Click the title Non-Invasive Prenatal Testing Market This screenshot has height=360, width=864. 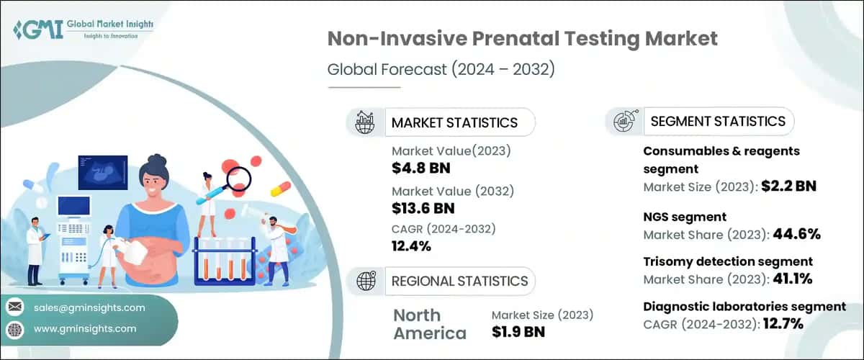tap(522, 39)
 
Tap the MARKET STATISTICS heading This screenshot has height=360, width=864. tap(454, 122)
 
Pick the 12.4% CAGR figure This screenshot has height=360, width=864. tap(411, 246)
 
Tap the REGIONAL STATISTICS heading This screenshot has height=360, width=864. tap(459, 281)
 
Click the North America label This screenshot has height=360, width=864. tap(429, 324)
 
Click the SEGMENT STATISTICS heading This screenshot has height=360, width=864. tap(717, 121)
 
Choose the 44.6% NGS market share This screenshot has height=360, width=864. tap(796, 233)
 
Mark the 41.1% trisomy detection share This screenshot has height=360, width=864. tap(796, 279)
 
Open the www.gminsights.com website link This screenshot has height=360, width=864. tap(84, 329)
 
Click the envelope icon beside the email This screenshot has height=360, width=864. tap(14, 307)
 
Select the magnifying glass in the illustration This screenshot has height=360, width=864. tap(236, 178)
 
